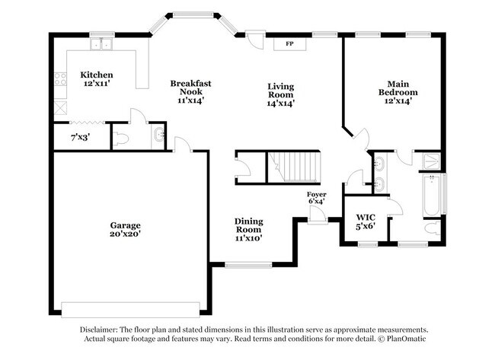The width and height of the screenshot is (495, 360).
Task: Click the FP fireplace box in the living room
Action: click(x=289, y=43)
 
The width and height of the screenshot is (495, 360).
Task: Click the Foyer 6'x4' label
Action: click(x=316, y=198)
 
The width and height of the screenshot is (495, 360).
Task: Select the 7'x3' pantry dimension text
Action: click(x=79, y=138)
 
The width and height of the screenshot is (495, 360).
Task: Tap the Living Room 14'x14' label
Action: click(x=280, y=94)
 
